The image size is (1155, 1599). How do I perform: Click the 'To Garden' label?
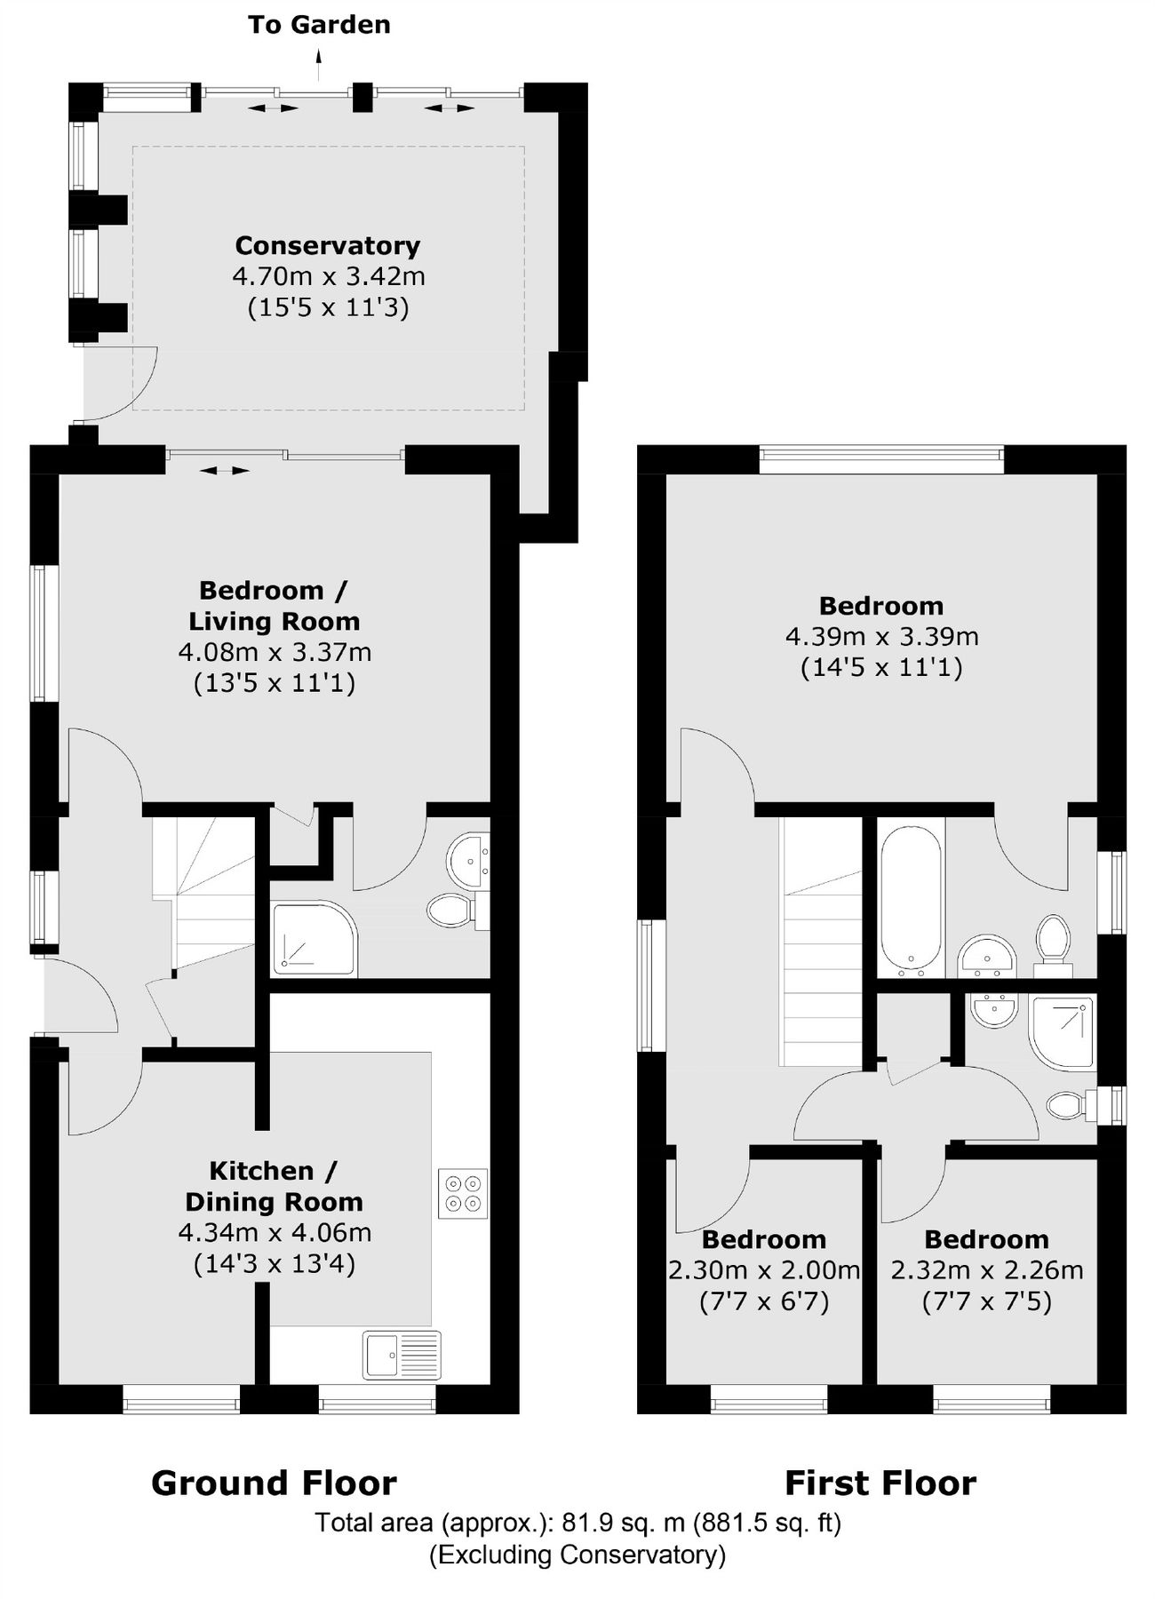tap(319, 25)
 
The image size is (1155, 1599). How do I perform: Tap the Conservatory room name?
tap(327, 245)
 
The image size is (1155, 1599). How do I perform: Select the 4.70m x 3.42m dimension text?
tap(328, 276)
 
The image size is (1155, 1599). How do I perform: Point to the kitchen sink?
tap(402, 1355)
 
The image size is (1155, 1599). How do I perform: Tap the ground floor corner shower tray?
tap(314, 938)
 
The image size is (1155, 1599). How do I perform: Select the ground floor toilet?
tap(453, 909)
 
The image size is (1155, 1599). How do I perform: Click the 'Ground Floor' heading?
tap(274, 1483)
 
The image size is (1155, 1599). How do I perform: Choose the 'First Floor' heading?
tap(880, 1483)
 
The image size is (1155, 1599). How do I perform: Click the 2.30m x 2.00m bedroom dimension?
tap(764, 1270)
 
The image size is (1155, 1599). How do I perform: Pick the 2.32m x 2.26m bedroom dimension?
tap(986, 1270)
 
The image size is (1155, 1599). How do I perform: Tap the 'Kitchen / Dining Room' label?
tap(274, 1186)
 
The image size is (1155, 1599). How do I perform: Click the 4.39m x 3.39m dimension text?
tap(881, 636)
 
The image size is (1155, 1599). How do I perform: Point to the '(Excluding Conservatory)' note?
tap(577, 1555)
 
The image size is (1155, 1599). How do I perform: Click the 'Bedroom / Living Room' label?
tap(274, 606)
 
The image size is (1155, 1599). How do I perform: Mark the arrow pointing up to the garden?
tap(319, 59)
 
